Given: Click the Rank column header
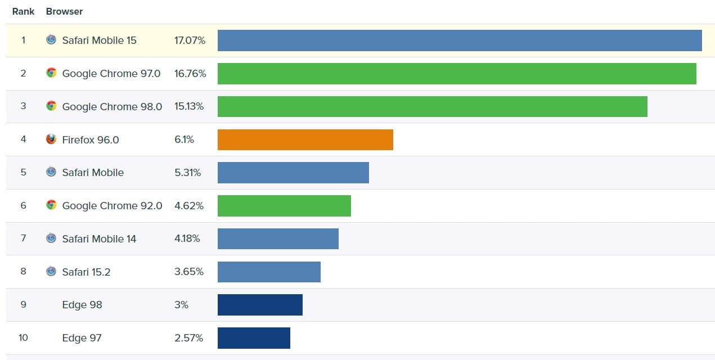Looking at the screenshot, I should click(23, 11).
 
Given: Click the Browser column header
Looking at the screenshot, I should click(64, 11).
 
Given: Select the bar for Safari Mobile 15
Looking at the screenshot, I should click(460, 40).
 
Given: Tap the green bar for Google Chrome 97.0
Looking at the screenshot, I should click(457, 74).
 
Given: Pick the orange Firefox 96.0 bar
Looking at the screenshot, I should click(305, 139).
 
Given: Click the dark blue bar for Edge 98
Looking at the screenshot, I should click(260, 305).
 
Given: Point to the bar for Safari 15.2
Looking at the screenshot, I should click(269, 272).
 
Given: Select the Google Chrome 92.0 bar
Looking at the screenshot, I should click(284, 206).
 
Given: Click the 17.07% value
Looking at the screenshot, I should click(190, 40).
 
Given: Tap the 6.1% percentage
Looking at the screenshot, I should click(184, 139).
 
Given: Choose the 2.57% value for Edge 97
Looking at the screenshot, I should click(188, 338).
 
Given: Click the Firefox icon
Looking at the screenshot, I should click(51, 139).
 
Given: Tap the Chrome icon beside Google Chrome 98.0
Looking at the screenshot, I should click(51, 106).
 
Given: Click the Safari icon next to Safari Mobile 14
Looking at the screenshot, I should click(51, 238).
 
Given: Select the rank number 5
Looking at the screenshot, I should click(23, 173).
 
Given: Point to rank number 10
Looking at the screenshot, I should click(23, 338).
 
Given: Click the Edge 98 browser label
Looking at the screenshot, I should click(82, 305).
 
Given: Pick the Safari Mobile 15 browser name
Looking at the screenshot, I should click(99, 40).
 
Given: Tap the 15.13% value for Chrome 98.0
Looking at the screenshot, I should click(189, 107).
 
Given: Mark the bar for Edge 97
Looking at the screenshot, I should click(254, 338).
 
